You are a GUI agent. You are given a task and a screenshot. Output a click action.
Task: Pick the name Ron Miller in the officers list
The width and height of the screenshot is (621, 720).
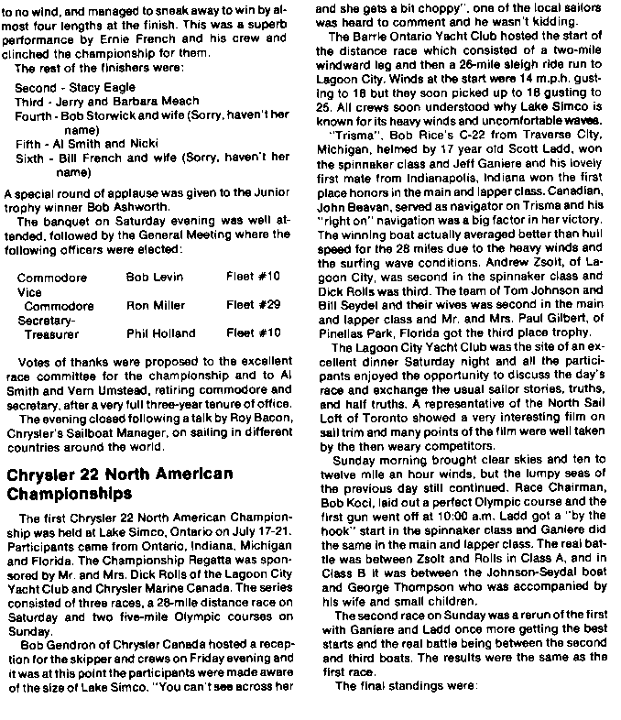(155, 305)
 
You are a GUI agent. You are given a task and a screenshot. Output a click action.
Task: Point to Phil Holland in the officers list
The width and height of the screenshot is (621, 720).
(160, 333)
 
